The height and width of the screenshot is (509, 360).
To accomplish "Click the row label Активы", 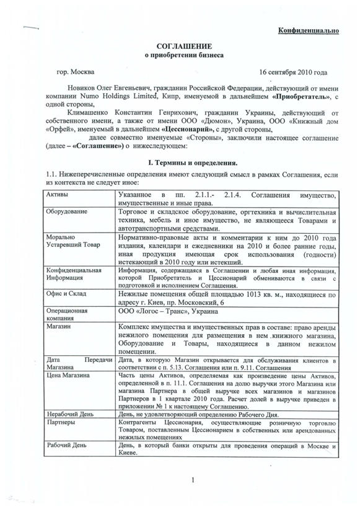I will (58, 195).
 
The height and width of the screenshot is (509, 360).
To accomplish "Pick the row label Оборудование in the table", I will (68, 212).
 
